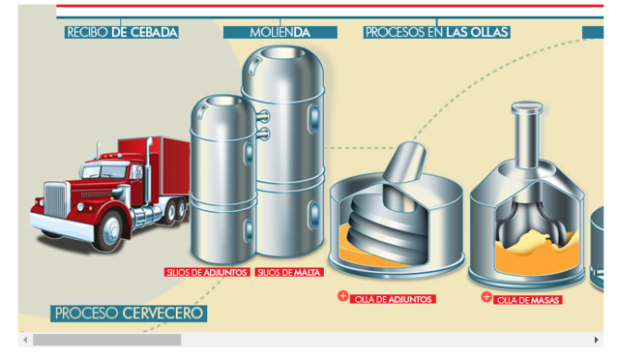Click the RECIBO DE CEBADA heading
122,32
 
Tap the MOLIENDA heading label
280,32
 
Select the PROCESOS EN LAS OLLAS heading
436,32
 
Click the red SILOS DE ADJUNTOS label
207,273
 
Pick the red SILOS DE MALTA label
287,273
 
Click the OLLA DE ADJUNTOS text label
393,299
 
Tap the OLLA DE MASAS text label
528,300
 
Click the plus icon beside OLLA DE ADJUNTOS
342,296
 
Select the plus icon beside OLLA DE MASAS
486,297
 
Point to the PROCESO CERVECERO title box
130,314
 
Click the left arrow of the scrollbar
24,340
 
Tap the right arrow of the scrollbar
597,340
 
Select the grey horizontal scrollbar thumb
106,340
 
